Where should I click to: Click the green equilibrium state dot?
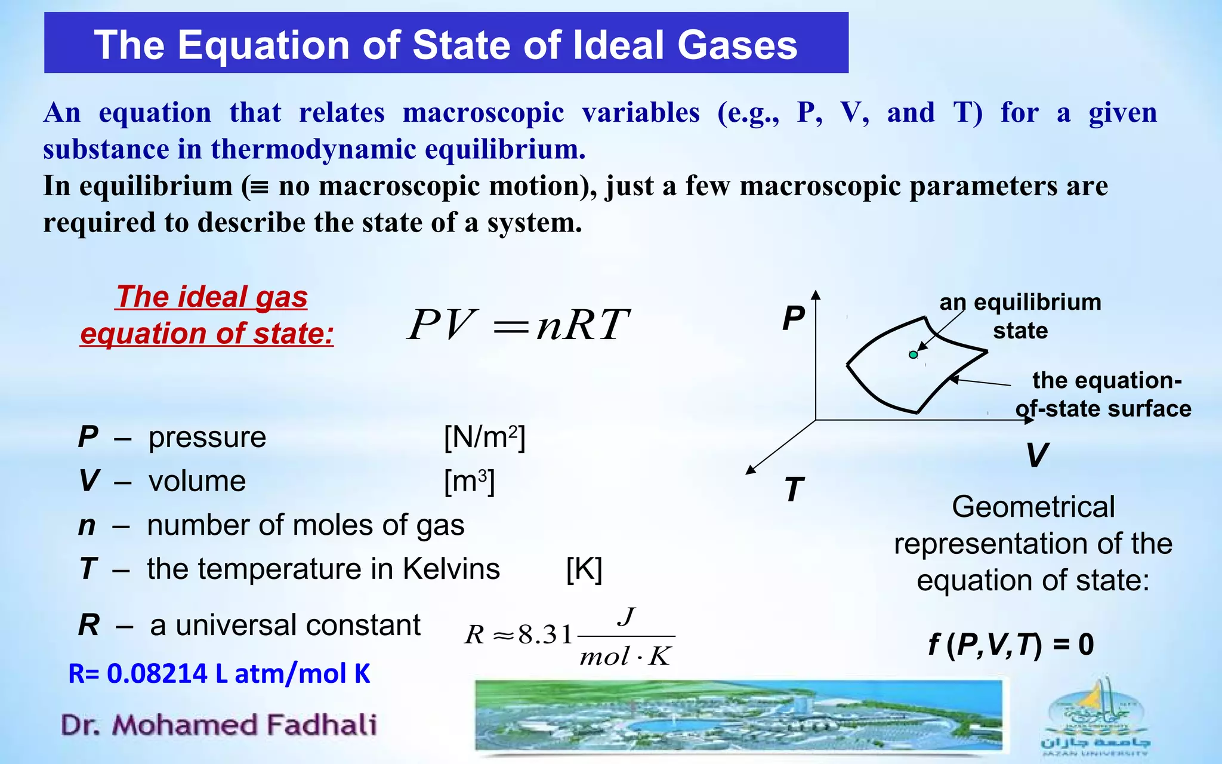pyautogui.click(x=913, y=355)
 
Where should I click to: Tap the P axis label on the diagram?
pyautogui.click(x=794, y=318)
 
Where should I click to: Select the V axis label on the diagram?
pyautogui.click(x=1037, y=455)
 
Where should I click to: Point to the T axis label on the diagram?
pyautogui.click(x=794, y=490)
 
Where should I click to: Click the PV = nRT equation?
pyautogui.click(x=518, y=325)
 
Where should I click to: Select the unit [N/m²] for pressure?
pyautogui.click(x=484, y=438)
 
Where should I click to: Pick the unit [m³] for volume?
pyautogui.click(x=469, y=481)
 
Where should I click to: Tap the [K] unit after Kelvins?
pyautogui.click(x=584, y=569)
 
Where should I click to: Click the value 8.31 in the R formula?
pyautogui.click(x=545, y=634)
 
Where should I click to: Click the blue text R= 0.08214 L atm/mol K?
pyautogui.click(x=219, y=674)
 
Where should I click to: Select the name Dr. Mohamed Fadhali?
pyautogui.click(x=219, y=725)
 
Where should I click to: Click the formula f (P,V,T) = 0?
pyautogui.click(x=1011, y=645)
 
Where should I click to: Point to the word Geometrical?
pyautogui.click(x=1033, y=507)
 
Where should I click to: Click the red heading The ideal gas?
pyautogui.click(x=212, y=297)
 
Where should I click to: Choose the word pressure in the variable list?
pyautogui.click(x=207, y=438)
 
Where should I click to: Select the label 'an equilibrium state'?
pyautogui.click(x=1020, y=316)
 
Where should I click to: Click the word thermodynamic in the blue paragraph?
pyautogui.click(x=313, y=149)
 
